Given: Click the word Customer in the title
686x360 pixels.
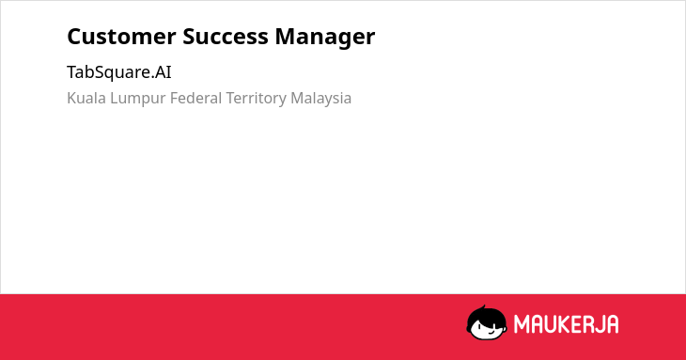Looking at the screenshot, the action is (121, 37).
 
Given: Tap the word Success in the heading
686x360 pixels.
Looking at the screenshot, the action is (226, 37).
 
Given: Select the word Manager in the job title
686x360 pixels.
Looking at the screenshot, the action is (325, 38).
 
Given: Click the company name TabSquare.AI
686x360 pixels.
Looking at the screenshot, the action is (119, 72).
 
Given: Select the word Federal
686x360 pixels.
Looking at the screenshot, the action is (196, 98).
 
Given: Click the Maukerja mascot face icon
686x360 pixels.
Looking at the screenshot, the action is (487, 323).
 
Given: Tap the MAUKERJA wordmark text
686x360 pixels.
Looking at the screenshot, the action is (566, 324).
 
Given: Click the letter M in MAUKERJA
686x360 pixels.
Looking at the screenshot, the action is (522, 324).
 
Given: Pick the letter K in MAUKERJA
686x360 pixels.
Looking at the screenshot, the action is (557, 324).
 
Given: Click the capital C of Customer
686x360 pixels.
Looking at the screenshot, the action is (74, 37).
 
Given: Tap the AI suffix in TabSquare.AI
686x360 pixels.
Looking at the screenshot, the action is (164, 72).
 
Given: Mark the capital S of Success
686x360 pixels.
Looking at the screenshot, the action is (189, 37).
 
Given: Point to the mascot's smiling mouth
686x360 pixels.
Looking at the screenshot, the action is (491, 333).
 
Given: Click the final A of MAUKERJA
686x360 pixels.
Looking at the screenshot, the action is (612, 324).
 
